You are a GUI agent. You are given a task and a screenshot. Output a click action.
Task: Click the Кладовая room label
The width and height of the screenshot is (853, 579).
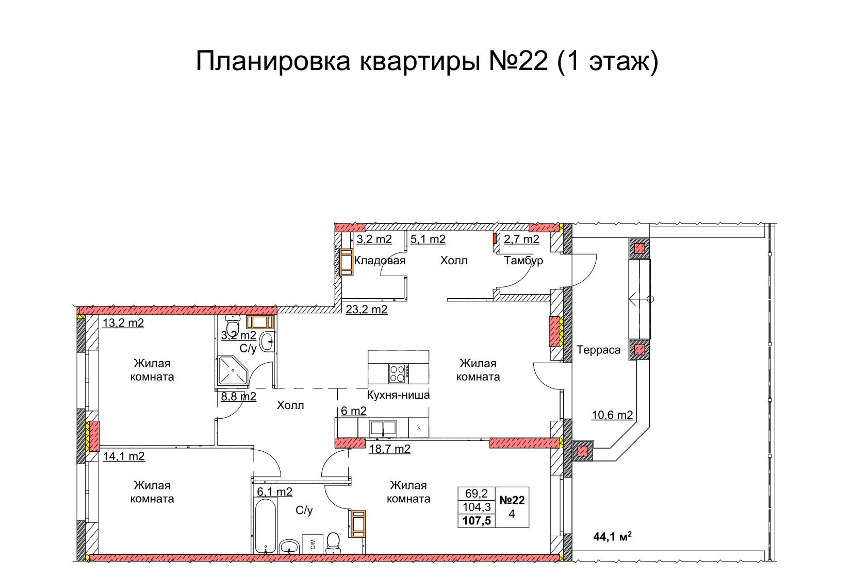tap(380, 261)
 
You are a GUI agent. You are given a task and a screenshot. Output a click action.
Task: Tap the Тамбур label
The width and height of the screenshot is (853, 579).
tap(523, 261)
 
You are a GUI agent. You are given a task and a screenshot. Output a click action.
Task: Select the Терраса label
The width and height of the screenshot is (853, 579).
tap(598, 350)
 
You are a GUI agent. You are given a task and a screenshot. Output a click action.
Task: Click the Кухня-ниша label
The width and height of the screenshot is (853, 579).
tap(398, 395)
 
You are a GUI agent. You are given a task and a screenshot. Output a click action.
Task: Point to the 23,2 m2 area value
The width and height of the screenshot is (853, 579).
tap(366, 309)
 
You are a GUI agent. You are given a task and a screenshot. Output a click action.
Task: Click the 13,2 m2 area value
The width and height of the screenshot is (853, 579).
tap(123, 322)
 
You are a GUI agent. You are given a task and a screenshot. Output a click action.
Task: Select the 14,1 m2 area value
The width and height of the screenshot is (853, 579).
tap(124, 456)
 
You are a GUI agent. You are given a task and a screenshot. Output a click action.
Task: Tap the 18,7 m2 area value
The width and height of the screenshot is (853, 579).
tap(389, 449)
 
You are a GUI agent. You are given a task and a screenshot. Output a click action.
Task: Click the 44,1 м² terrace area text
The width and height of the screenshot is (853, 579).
tap(612, 537)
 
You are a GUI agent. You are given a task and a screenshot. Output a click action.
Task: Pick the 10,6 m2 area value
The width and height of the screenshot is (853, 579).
tap(612, 415)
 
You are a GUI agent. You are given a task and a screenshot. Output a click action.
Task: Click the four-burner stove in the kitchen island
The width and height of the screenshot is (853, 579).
tap(398, 373)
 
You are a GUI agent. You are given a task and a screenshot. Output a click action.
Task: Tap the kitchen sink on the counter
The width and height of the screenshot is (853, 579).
tap(384, 429)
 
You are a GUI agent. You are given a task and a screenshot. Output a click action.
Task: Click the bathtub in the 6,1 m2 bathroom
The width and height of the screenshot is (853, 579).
tap(265, 526)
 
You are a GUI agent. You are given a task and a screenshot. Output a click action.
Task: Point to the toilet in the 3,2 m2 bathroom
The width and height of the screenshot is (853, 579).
tap(232, 325)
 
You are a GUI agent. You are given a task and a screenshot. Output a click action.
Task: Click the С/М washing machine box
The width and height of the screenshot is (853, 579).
tap(313, 544)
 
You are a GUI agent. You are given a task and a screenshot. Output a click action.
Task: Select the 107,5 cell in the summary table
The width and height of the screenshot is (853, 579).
tap(477, 520)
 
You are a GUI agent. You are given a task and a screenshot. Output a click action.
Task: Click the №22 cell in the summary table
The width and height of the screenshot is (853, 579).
tap(512, 500)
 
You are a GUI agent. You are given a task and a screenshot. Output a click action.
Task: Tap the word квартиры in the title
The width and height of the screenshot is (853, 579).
tap(420, 61)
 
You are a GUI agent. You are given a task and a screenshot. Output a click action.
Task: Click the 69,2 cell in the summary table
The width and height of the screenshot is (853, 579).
tap(477, 493)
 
